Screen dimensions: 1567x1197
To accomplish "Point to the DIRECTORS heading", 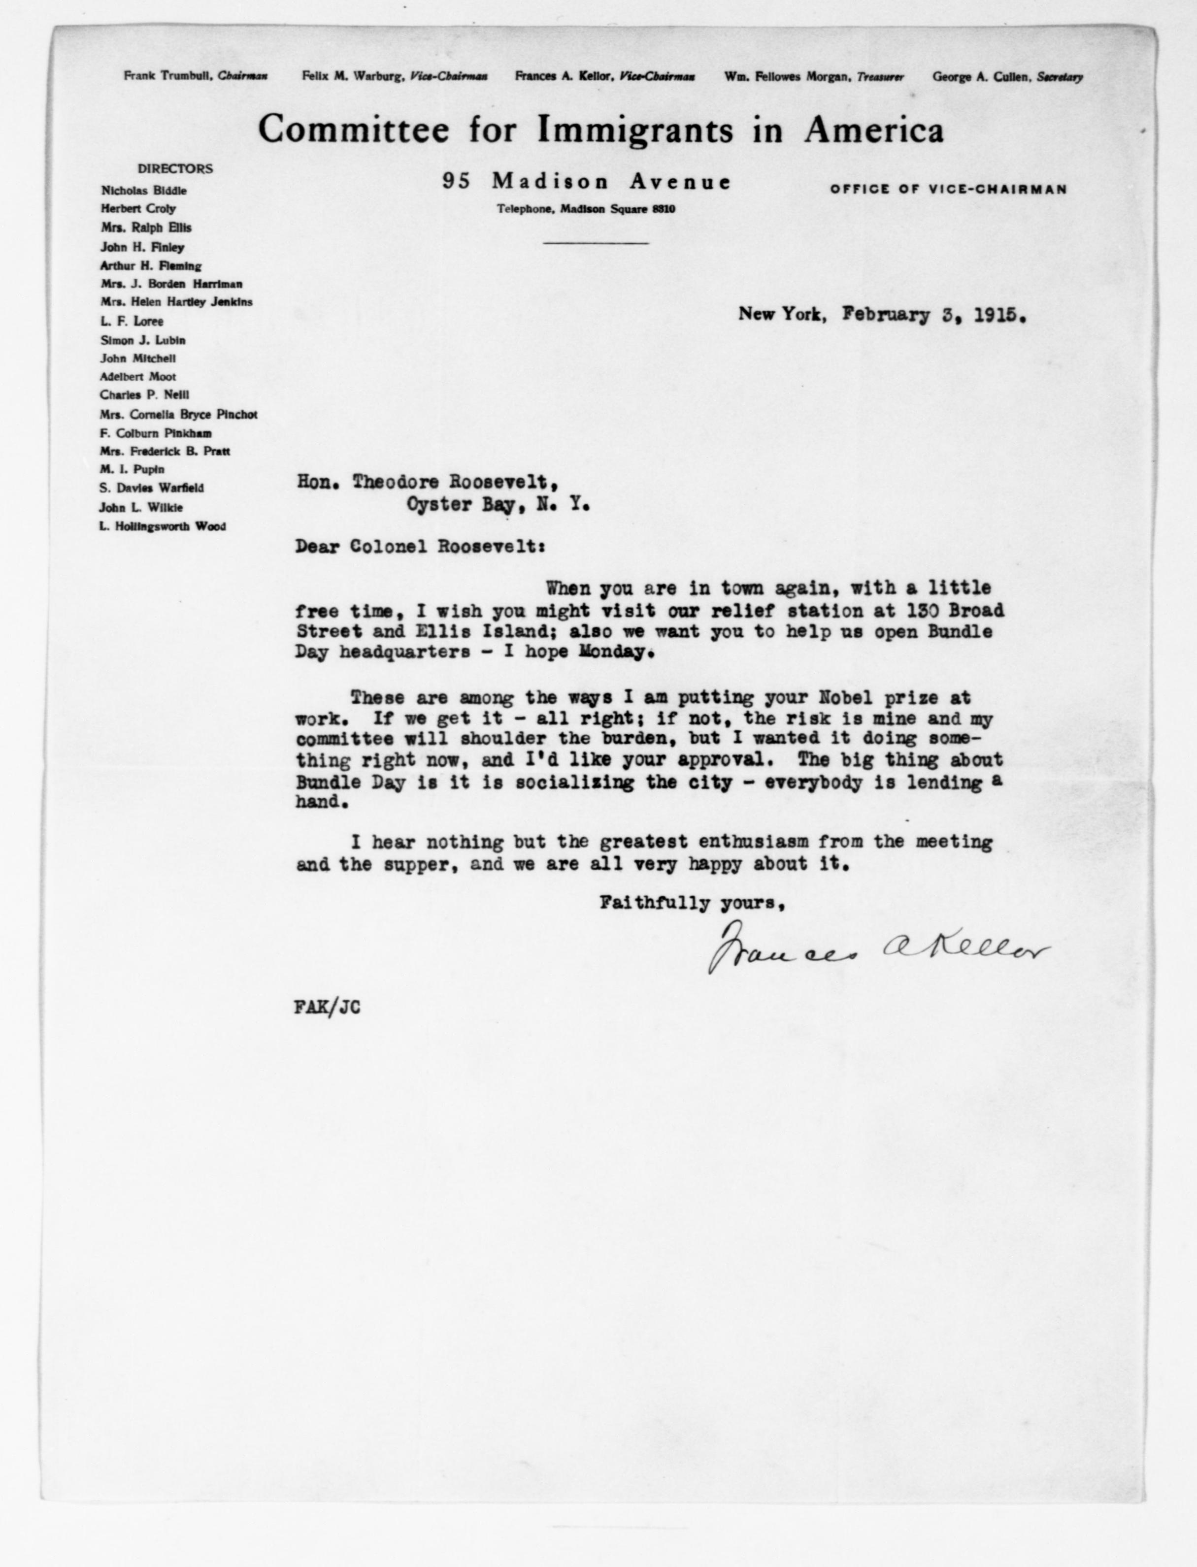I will click(x=175, y=169).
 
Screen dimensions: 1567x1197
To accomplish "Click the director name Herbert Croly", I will click(x=138, y=209).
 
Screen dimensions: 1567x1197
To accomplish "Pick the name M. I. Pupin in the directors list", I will click(x=133, y=469).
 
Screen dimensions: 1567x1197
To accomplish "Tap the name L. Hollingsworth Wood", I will click(x=163, y=526).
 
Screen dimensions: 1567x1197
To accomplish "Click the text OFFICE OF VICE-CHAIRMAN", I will click(x=948, y=190).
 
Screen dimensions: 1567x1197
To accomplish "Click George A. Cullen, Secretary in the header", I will click(x=1007, y=77).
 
